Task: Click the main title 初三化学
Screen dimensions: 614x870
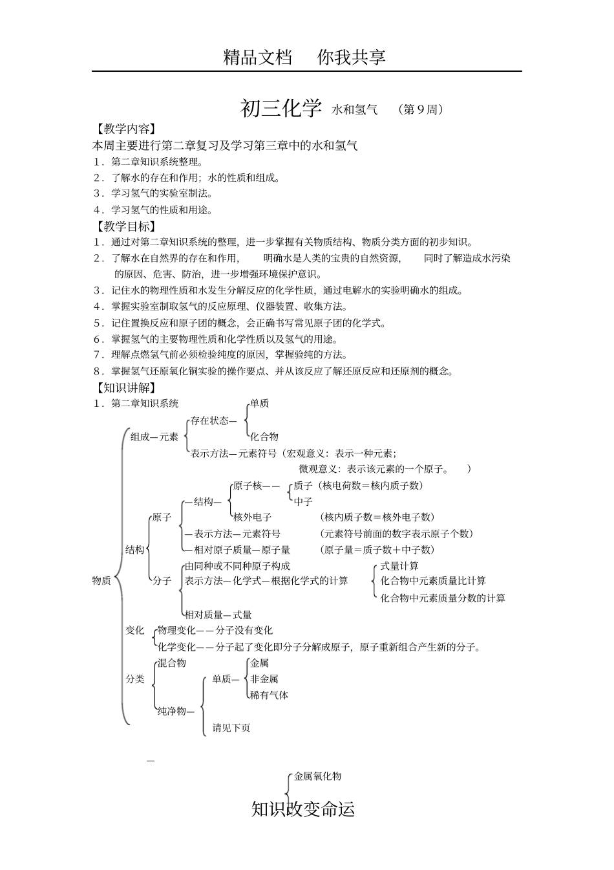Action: tap(281, 109)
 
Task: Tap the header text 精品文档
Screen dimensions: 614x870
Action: tap(257, 57)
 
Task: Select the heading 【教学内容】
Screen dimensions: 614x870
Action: tap(125, 129)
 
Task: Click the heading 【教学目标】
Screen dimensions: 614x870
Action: tap(125, 226)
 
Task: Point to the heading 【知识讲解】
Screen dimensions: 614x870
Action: tap(125, 387)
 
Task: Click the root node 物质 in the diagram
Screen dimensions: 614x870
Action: tap(101, 580)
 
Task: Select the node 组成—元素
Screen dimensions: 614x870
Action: tap(154, 437)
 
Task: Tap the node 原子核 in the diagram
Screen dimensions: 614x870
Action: tap(248, 486)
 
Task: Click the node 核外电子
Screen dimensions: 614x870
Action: tap(252, 517)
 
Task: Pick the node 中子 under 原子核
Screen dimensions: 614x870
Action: tap(303, 501)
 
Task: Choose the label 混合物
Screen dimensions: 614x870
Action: tap(172, 663)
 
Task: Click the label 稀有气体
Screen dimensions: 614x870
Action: tap(270, 695)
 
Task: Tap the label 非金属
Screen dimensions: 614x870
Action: tap(264, 679)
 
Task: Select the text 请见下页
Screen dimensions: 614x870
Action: tap(231, 728)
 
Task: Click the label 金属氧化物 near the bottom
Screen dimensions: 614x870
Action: tap(317, 776)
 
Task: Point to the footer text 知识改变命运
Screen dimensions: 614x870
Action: tap(303, 809)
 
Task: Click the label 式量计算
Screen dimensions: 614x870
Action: tap(399, 566)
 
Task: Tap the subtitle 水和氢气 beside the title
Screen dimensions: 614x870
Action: tap(355, 110)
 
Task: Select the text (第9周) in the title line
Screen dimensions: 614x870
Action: tap(421, 110)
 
